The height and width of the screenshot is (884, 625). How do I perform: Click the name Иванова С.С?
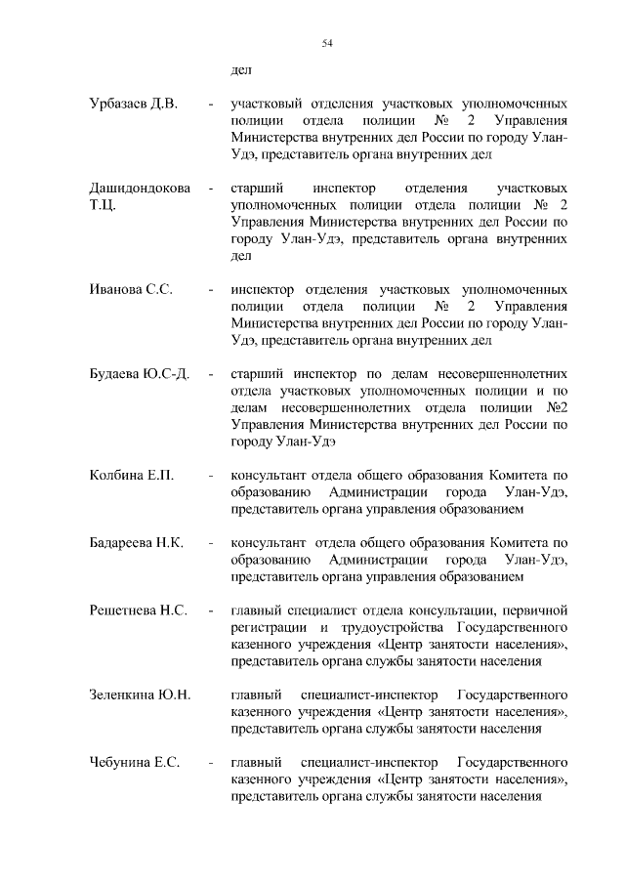click(131, 290)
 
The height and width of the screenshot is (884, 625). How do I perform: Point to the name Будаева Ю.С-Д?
click(139, 374)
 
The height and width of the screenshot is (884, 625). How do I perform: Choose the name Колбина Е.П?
click(131, 476)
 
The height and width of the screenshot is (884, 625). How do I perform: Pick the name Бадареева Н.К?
click(137, 543)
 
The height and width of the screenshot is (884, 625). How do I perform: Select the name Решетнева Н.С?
click(138, 611)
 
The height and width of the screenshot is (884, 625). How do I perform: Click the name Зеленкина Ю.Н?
click(139, 695)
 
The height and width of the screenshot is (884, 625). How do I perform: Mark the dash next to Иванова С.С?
click(210, 290)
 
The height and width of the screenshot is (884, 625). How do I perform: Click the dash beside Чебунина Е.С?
click(210, 762)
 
